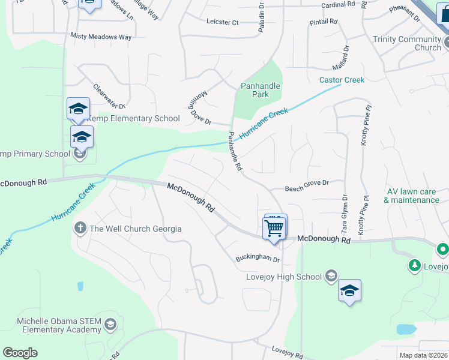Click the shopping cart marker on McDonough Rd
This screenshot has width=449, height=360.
point(274,227)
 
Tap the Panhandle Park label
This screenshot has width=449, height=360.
point(261,90)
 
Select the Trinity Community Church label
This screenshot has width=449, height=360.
point(407,43)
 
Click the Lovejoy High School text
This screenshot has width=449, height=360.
point(284,277)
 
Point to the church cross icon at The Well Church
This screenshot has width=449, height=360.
point(80,228)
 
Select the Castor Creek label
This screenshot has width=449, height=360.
point(342,80)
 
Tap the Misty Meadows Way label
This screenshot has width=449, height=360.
point(101,37)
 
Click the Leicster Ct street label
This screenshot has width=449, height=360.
point(222,22)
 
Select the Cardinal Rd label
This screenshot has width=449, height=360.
point(339,4)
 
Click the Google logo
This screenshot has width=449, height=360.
point(20,353)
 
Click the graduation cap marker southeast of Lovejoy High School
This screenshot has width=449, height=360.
point(349,290)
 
